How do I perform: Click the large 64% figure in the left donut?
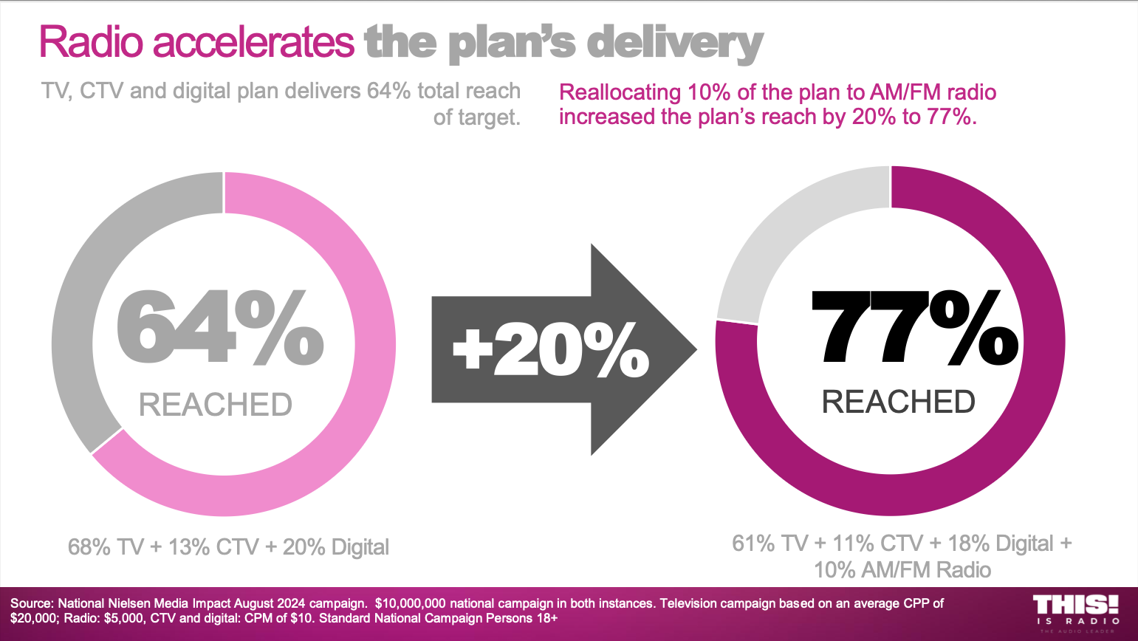click(x=220, y=328)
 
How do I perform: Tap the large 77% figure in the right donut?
click(x=914, y=328)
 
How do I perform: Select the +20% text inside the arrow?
click(x=550, y=350)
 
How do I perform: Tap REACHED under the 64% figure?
click(x=216, y=405)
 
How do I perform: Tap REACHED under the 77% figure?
click(x=898, y=402)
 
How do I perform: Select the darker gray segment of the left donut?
click(x=81, y=295)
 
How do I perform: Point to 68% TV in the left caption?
click(x=106, y=547)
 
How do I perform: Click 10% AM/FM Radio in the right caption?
click(x=902, y=570)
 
